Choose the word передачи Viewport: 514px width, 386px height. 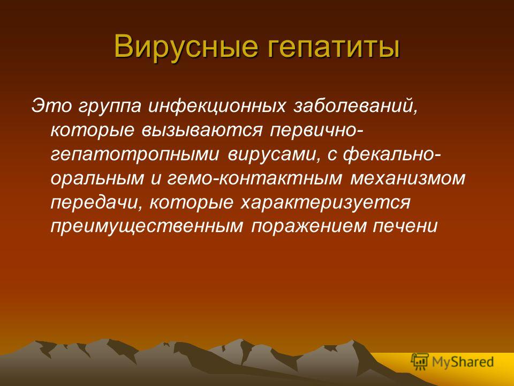[x=96, y=203]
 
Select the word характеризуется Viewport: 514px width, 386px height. [x=324, y=203]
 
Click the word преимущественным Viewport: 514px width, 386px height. [x=145, y=227]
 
